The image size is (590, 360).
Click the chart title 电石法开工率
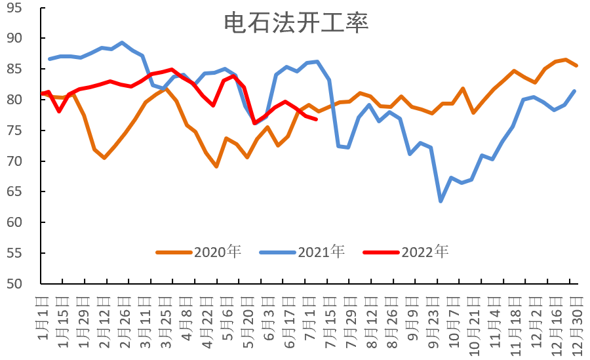296,22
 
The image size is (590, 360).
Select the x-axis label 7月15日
330,318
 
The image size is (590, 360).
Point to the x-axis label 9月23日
433,318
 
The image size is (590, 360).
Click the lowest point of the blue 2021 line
441,201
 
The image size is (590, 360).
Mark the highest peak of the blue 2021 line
122,43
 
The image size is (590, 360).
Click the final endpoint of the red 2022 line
317,119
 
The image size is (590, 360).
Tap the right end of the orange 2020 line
576,66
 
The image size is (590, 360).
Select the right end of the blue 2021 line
575,91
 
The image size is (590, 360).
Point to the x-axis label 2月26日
125,318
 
